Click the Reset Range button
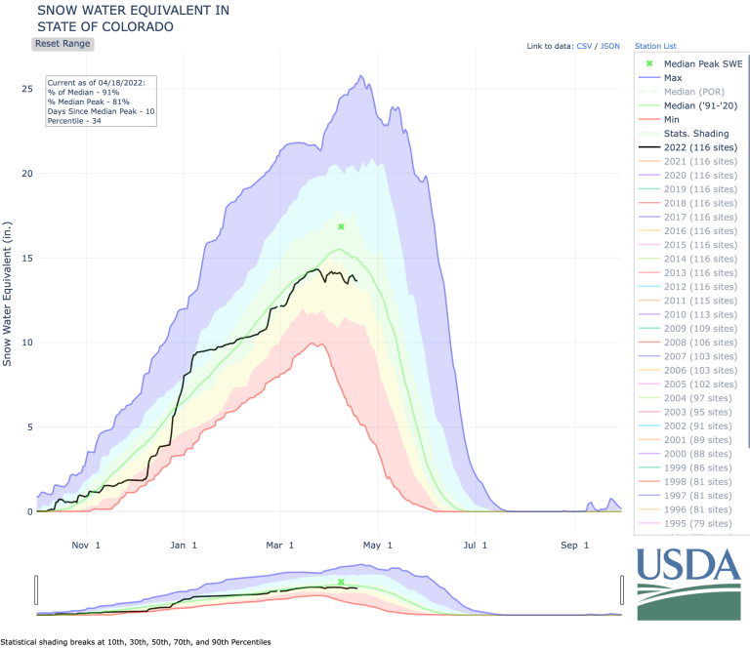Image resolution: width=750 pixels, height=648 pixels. pos(63,44)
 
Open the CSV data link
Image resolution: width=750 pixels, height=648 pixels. pos(584,46)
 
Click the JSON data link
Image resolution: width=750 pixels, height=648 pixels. pos(609,46)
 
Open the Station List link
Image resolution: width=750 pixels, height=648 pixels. pos(655,46)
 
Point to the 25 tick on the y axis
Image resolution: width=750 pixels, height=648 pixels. pos(27,89)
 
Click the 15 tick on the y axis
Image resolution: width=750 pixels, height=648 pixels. pos(27,258)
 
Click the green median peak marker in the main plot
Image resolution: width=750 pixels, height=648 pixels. pos(341,226)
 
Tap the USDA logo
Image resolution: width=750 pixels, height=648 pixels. pos(687,583)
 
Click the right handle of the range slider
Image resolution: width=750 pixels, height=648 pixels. pos(621,589)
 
